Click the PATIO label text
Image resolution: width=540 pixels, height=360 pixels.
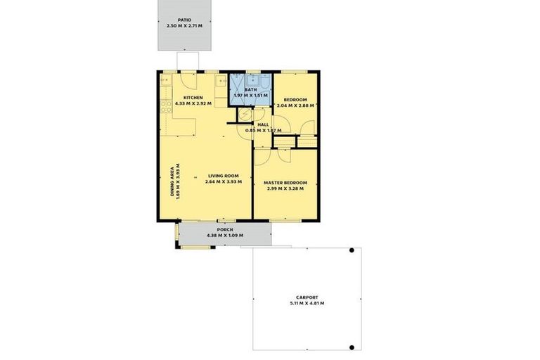point(184,20)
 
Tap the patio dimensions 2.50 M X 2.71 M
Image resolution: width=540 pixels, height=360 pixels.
point(184,26)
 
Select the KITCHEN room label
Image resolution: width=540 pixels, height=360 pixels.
point(193,97)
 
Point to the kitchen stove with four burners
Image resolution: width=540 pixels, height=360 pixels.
point(167,107)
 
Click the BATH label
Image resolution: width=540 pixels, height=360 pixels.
point(251,89)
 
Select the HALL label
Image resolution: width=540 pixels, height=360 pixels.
point(263,124)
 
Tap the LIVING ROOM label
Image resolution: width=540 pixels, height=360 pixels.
point(224,176)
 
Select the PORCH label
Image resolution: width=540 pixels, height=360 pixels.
point(224,230)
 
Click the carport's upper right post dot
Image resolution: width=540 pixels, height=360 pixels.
point(352,251)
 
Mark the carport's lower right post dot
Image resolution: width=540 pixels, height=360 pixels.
point(352,347)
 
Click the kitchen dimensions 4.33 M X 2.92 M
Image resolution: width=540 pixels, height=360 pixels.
point(193,103)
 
